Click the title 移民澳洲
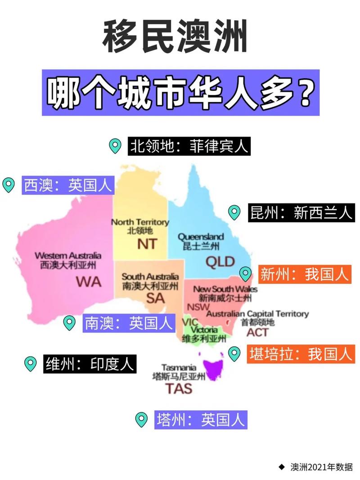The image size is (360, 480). pyautogui.click(x=175, y=37)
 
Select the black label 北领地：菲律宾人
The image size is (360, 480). pyautogui.click(x=189, y=147)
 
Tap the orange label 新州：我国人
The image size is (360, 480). pyautogui.click(x=305, y=274)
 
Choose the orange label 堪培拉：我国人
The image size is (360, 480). pyautogui.click(x=301, y=354)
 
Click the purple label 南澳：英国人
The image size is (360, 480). pyautogui.click(x=128, y=323)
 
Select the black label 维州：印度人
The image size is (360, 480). pyautogui.click(x=90, y=363)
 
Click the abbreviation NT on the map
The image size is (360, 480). pyautogui.click(x=147, y=244)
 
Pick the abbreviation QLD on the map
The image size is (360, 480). pyautogui.click(x=220, y=261)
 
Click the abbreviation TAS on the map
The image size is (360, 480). pyautogui.click(x=179, y=388)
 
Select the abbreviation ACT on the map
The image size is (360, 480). pyautogui.click(x=257, y=332)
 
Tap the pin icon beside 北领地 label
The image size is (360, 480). pyautogui.click(x=116, y=146)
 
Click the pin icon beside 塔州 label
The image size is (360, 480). pyautogui.click(x=142, y=419)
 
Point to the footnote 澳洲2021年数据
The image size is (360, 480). pyautogui.click(x=321, y=467)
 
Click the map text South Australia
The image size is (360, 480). pyautogui.click(x=150, y=277)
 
